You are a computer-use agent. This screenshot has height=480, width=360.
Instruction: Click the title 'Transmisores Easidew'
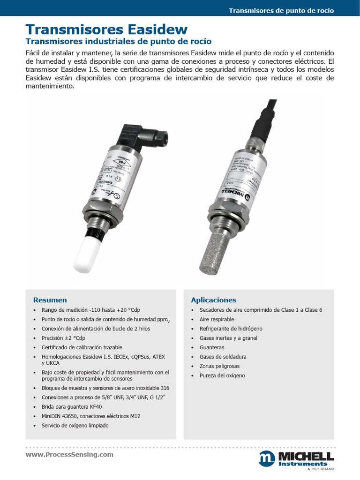106,30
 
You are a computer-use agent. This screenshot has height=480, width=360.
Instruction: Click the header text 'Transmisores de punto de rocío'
281,11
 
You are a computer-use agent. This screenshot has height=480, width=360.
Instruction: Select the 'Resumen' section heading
50,300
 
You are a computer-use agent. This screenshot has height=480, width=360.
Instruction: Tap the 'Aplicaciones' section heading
213,300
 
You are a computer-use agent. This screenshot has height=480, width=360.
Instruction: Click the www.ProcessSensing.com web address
69,455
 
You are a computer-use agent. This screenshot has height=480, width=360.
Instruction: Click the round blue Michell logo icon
267,459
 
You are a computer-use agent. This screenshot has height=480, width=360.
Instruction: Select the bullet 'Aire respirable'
217,319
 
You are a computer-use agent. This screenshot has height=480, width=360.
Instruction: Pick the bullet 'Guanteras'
212,347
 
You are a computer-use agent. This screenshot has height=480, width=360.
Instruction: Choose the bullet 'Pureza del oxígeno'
222,375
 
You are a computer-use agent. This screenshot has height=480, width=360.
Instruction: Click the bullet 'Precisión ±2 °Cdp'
63,338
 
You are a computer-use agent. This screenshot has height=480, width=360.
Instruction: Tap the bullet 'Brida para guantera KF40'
71,407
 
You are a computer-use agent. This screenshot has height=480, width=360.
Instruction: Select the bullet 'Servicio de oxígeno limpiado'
75,426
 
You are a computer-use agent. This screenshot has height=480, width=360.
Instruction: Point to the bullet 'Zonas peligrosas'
219,366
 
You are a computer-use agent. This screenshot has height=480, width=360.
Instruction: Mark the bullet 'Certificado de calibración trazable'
82,347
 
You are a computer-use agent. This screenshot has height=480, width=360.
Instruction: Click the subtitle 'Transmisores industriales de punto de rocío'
118,42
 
